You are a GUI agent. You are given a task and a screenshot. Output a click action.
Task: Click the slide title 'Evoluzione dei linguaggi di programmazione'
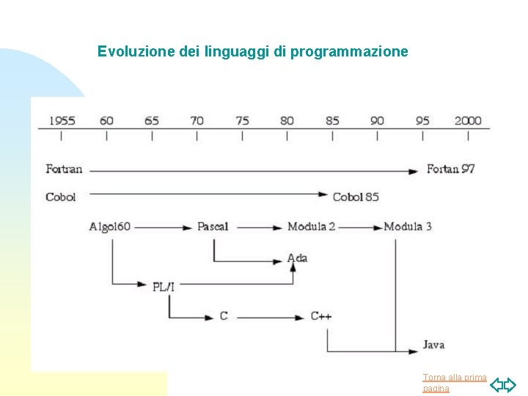253,52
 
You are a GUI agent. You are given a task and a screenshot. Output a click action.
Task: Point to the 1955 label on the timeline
62,120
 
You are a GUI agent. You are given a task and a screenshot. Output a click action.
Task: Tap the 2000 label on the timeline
468,120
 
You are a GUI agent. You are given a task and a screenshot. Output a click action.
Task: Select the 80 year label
287,120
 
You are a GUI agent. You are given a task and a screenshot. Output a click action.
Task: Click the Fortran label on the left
64,169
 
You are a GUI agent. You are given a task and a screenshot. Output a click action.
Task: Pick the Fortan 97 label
451,169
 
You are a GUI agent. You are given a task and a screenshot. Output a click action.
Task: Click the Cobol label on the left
60,197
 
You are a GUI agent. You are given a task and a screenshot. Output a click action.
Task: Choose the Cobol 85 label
356,197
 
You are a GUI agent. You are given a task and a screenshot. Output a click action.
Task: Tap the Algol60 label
110,227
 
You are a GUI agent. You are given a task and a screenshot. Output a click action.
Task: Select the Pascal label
213,227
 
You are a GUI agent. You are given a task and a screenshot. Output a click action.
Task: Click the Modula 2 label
312,227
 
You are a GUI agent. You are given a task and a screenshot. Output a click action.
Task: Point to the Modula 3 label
408,227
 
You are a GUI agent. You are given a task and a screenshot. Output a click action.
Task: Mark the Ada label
297,257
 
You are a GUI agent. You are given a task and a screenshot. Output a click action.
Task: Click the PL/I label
164,286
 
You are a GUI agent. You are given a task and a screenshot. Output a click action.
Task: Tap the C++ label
321,316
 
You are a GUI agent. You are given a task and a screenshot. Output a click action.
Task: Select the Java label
433,345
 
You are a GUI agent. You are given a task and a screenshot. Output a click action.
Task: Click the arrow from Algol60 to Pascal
164,227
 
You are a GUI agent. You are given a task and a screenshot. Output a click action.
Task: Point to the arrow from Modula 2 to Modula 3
359,227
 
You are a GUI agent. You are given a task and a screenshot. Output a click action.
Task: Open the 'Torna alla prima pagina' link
455,383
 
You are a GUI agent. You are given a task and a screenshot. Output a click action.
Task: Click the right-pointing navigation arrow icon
510,385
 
